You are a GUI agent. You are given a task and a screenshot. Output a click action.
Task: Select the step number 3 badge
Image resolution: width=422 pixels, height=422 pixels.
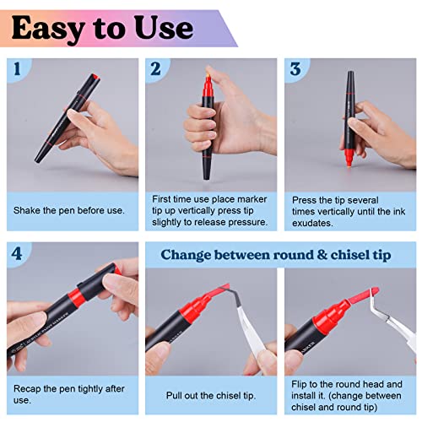pos(295,70)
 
